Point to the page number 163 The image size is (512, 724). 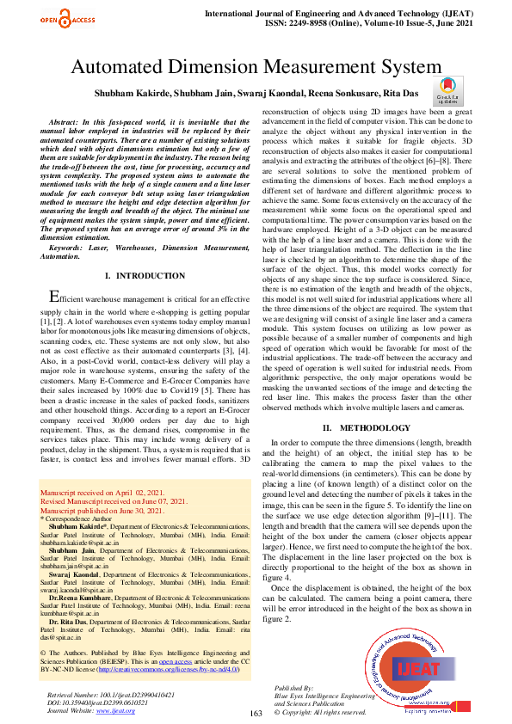pos(255,714)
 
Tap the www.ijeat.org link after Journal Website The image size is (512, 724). pos(116,710)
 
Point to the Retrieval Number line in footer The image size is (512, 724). pos(112,694)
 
